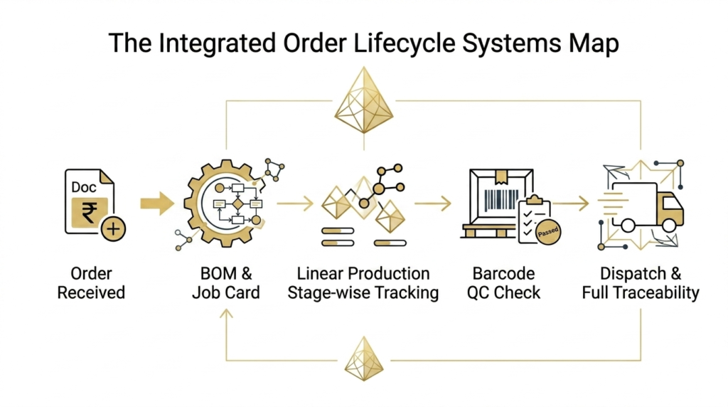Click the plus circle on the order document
113,229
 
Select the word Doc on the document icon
85,187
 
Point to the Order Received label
91,283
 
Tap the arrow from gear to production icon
295,204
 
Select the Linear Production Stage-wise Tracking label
363,283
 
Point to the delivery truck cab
668,207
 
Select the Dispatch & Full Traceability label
640,283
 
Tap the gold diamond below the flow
364,359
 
